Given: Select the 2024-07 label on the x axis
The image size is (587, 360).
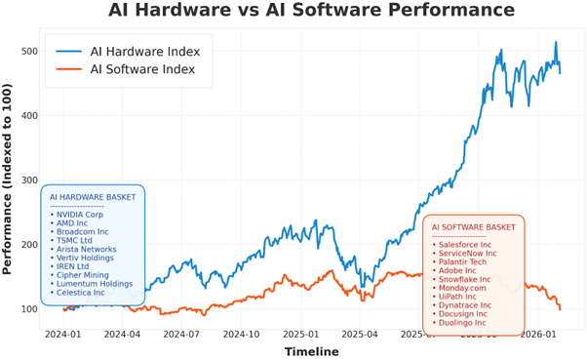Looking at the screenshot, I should click(182, 333).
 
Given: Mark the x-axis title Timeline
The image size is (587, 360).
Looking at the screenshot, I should click(311, 351).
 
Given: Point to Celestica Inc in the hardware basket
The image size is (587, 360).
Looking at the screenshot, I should click(83, 292).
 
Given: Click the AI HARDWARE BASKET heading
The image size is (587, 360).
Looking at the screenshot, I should click(93, 197).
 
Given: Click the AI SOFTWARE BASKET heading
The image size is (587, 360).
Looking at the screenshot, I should click(474, 227).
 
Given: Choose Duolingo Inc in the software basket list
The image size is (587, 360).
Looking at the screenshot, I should click(466, 322).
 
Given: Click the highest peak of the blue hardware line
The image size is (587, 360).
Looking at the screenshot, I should click(556, 43).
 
